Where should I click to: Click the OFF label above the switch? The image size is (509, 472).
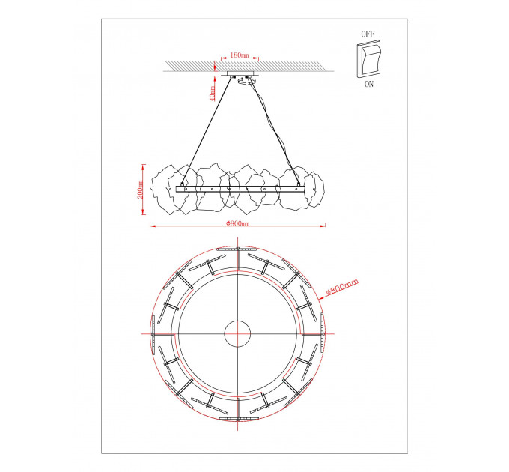click(368, 34)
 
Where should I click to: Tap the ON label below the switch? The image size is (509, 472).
click(369, 84)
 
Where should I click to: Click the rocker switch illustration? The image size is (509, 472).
click(369, 59)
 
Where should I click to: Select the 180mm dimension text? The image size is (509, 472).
click(240, 55)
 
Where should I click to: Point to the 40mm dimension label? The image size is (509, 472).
click(213, 93)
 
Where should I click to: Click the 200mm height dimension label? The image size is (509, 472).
click(140, 189)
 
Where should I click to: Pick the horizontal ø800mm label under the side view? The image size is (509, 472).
click(238, 223)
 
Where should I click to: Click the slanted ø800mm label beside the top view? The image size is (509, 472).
click(342, 286)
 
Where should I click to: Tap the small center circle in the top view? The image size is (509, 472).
click(237, 334)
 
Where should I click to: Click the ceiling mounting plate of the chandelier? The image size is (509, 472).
click(240, 74)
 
